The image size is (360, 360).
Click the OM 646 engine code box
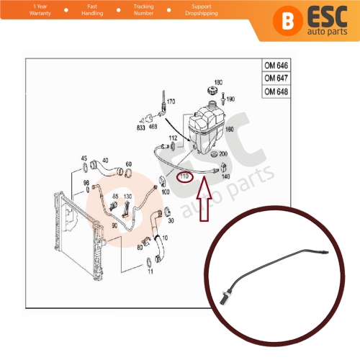pyautogui.click(x=276, y=65)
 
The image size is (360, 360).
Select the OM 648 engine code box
pyautogui.click(x=276, y=91)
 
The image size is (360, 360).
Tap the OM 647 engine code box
pyautogui.click(x=276, y=78)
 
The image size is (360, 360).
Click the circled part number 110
pyautogui.click(x=184, y=177)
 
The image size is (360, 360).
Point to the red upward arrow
pyautogui.click(x=204, y=199)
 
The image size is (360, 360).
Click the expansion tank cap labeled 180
pyautogui.click(x=212, y=91)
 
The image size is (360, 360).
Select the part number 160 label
pyautogui.click(x=230, y=130)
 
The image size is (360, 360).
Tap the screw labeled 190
pyautogui.click(x=222, y=99)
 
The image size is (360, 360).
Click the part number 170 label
pyautogui.click(x=171, y=102)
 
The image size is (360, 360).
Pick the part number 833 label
pyautogui.click(x=141, y=127)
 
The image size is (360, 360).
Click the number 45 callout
pyautogui.click(x=84, y=158)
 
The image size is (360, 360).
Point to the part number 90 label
pyautogui.click(x=114, y=225)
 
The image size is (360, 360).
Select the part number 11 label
pyautogui.click(x=150, y=271)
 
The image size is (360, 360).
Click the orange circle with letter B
pyautogui.click(x=287, y=21)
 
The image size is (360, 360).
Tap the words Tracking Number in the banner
pyautogui.click(x=143, y=10)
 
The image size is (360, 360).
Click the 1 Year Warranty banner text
pyautogui.click(x=40, y=10)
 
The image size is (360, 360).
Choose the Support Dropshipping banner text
pyautogui.click(x=202, y=10)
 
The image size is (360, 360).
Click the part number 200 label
pyautogui.click(x=223, y=153)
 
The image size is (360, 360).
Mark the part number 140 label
pyautogui.click(x=226, y=176)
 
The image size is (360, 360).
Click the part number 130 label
pyautogui.click(x=127, y=197)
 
